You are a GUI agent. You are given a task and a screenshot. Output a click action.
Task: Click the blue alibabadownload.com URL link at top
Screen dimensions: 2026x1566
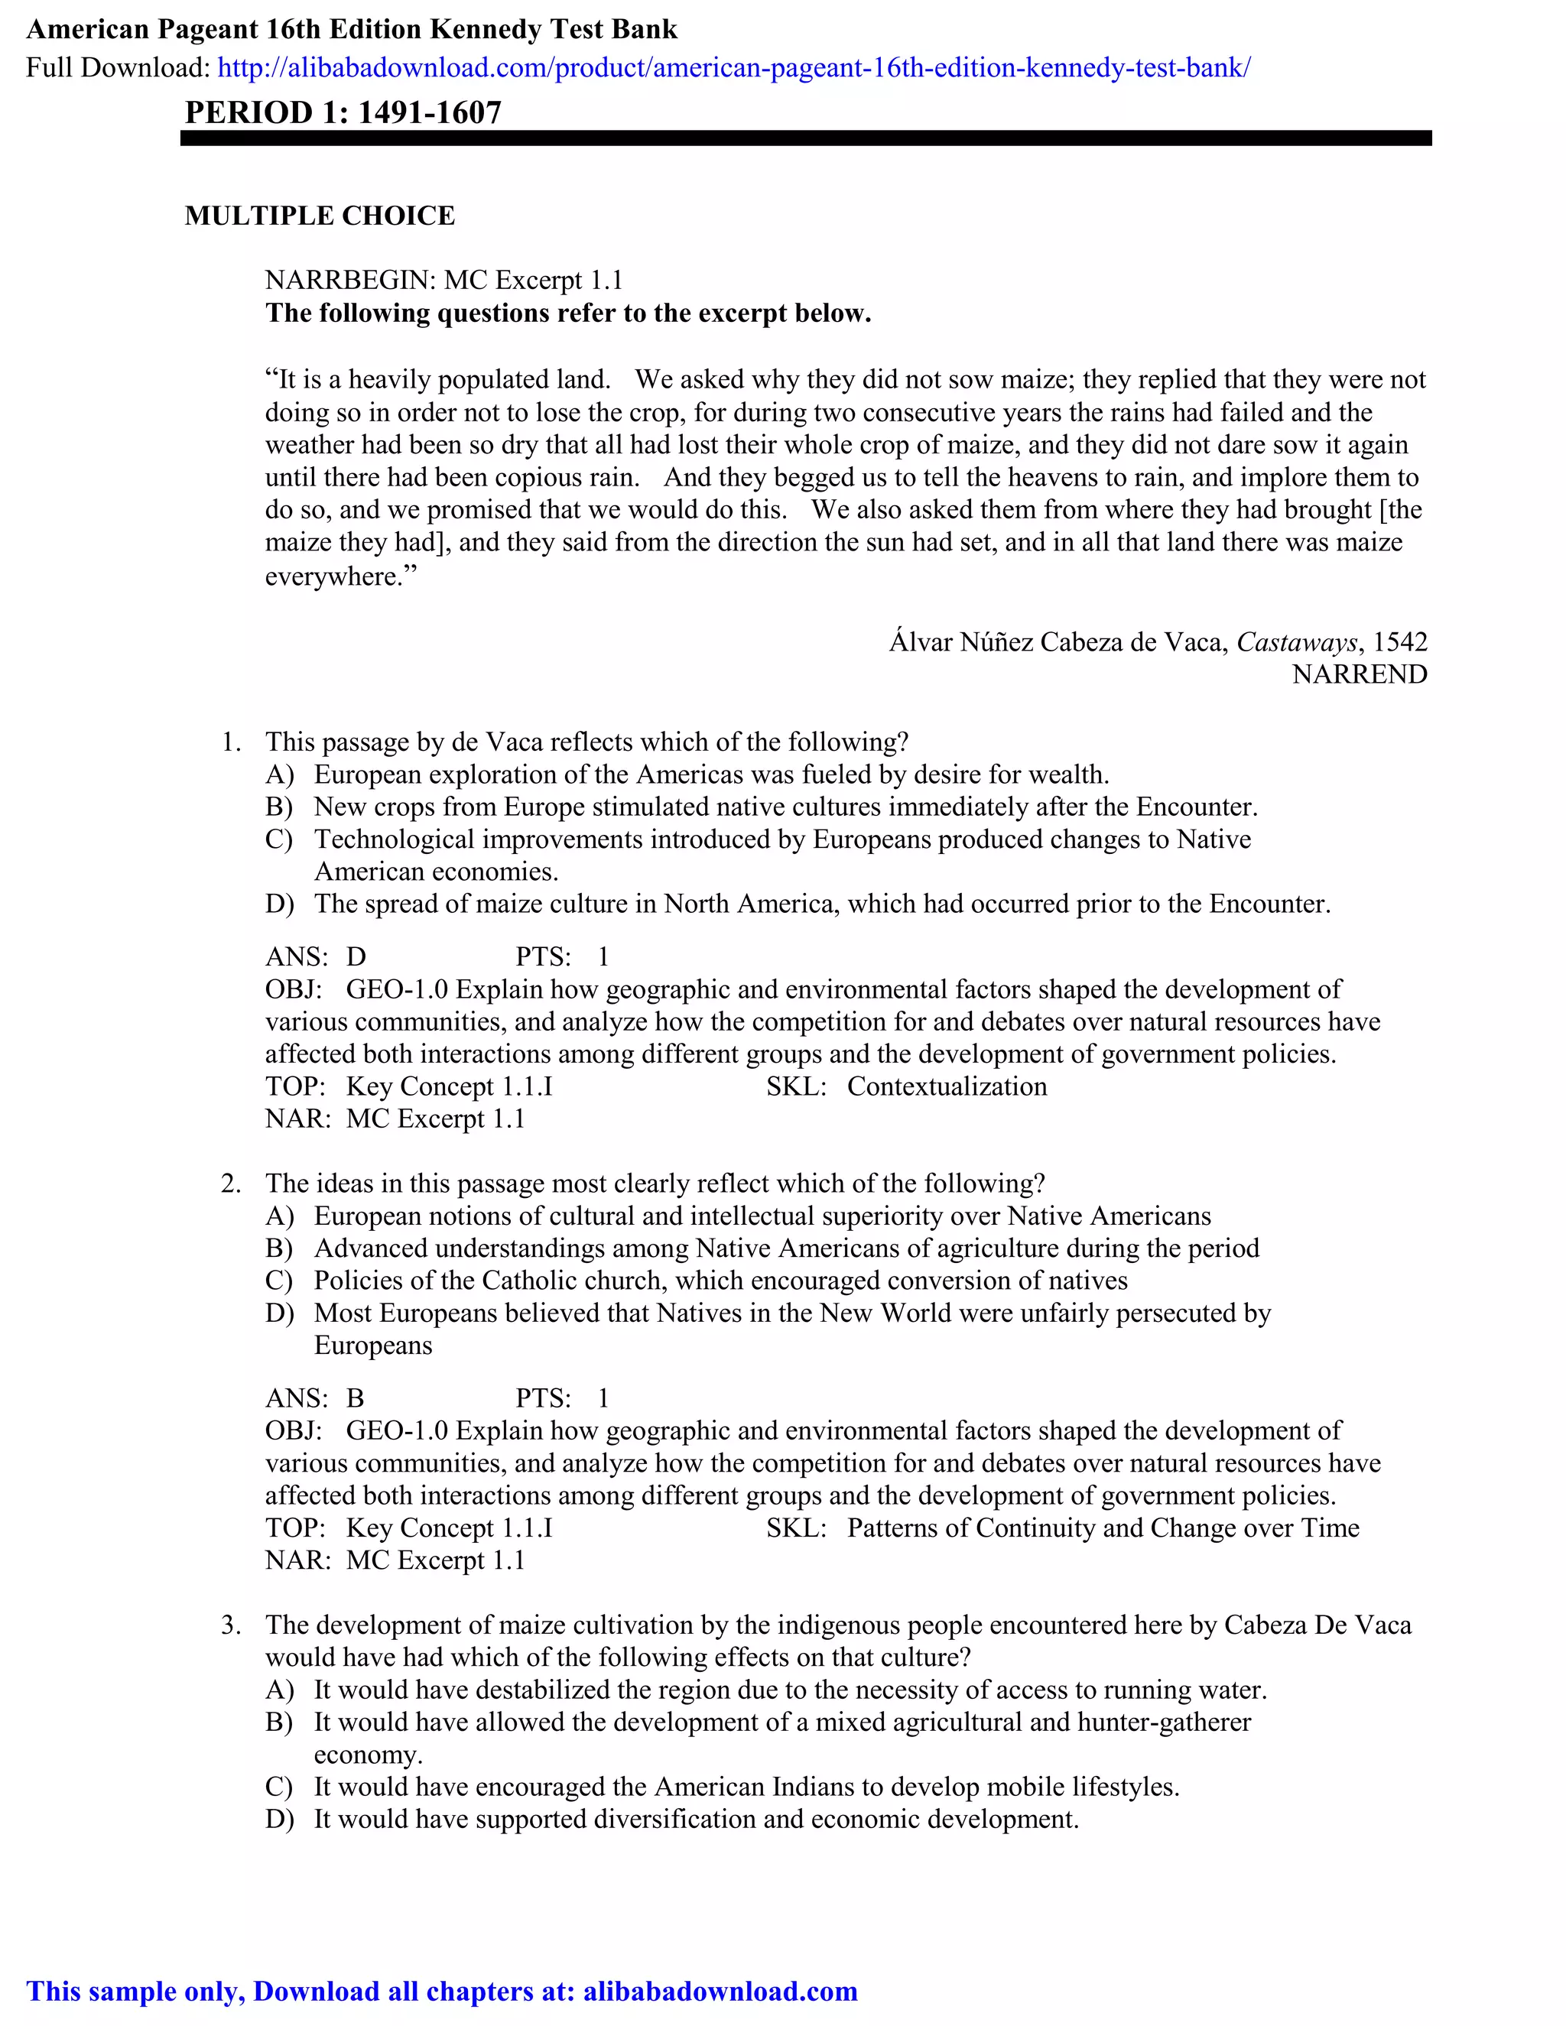tap(733, 68)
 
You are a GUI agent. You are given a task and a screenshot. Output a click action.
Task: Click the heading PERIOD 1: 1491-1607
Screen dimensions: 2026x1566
tap(343, 112)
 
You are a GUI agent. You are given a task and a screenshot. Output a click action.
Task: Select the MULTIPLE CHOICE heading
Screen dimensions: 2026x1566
tap(320, 216)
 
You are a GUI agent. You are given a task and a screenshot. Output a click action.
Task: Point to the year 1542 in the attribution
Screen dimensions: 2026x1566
tap(1400, 642)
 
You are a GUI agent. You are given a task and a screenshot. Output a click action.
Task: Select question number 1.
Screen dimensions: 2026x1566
tap(231, 742)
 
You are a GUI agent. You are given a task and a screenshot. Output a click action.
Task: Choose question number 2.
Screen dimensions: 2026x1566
tap(231, 1183)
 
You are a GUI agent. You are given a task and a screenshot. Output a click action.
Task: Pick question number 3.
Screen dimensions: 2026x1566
tap(231, 1625)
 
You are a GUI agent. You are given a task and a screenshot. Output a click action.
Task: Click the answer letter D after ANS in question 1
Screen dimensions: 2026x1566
tap(356, 957)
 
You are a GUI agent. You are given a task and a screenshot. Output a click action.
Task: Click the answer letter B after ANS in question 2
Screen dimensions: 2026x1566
tap(356, 1399)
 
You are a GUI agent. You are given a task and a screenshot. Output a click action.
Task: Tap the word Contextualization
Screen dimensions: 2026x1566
tap(947, 1086)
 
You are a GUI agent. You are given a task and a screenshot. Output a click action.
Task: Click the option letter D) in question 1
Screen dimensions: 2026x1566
tap(279, 904)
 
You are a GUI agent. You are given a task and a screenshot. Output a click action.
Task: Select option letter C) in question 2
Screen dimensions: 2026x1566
tap(279, 1281)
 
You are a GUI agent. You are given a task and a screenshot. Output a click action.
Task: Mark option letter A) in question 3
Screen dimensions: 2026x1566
tap(279, 1690)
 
